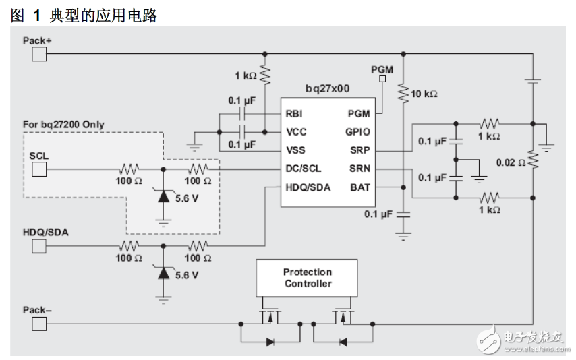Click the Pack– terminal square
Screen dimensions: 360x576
click(x=39, y=324)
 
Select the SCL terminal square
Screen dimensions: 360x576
click(x=39, y=169)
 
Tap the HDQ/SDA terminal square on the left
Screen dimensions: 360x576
click(x=39, y=245)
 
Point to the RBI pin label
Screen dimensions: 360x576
click(x=295, y=114)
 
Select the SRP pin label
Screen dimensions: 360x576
click(x=359, y=150)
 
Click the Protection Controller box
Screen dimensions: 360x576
click(x=308, y=278)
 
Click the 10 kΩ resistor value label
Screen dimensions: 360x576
click(x=424, y=94)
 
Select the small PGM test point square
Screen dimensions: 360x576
click(x=382, y=79)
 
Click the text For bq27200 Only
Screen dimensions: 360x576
click(x=63, y=124)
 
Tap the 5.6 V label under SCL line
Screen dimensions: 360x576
click(x=186, y=199)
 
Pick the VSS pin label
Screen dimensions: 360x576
click(x=295, y=150)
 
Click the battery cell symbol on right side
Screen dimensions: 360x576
click(x=533, y=81)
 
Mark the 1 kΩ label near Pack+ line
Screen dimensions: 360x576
click(x=245, y=76)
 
